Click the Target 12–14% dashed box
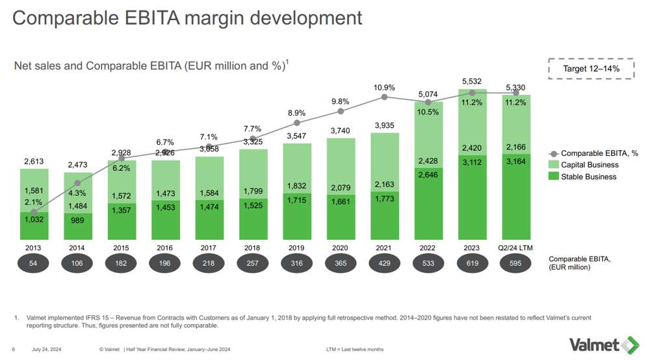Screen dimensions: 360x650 591,68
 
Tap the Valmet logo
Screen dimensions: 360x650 604,344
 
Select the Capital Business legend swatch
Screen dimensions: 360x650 554,165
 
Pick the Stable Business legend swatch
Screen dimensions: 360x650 554,177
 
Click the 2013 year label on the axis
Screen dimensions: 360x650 34,248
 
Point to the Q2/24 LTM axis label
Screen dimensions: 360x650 515,248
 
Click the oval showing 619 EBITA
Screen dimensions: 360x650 472,263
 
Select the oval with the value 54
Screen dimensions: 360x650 34,263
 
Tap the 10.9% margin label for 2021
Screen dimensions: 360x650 384,87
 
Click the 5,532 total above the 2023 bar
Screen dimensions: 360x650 472,81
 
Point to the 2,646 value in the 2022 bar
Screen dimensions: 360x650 428,175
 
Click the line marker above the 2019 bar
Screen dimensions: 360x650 297,122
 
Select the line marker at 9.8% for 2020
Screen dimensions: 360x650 341,111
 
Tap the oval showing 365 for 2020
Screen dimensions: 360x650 341,263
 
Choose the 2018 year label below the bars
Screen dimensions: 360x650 253,248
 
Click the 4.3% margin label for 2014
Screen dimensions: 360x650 77,193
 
